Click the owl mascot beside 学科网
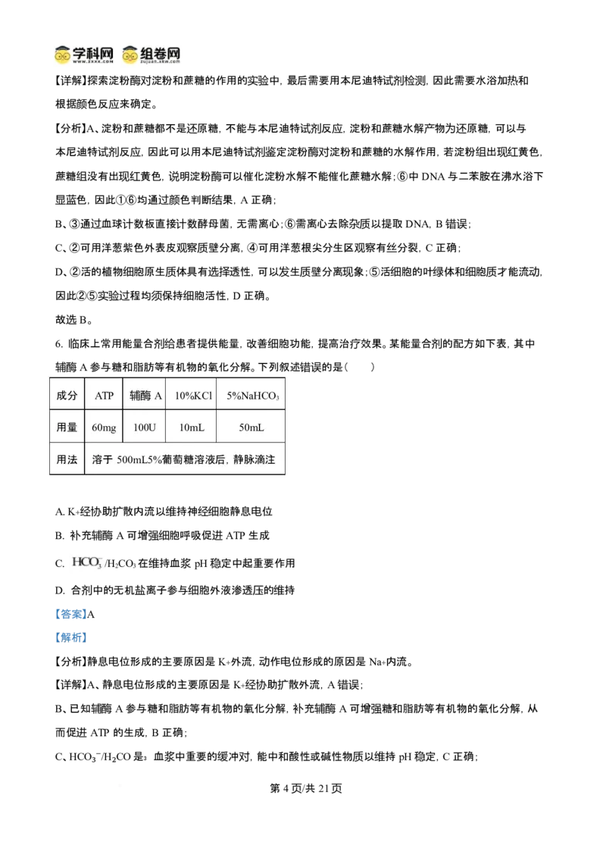[62, 55]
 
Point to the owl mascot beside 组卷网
[130, 55]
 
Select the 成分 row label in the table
[67, 396]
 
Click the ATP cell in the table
[104, 396]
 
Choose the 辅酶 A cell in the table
[145, 396]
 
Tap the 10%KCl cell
[193, 396]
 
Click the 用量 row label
[67, 427]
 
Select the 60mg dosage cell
[104, 427]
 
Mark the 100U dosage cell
[144, 427]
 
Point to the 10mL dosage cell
[192, 427]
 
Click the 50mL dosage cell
[251, 427]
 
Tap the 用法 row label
[67, 459]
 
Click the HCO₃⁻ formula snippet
[87, 562]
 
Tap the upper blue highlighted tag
[72, 614]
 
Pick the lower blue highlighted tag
[72, 637]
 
